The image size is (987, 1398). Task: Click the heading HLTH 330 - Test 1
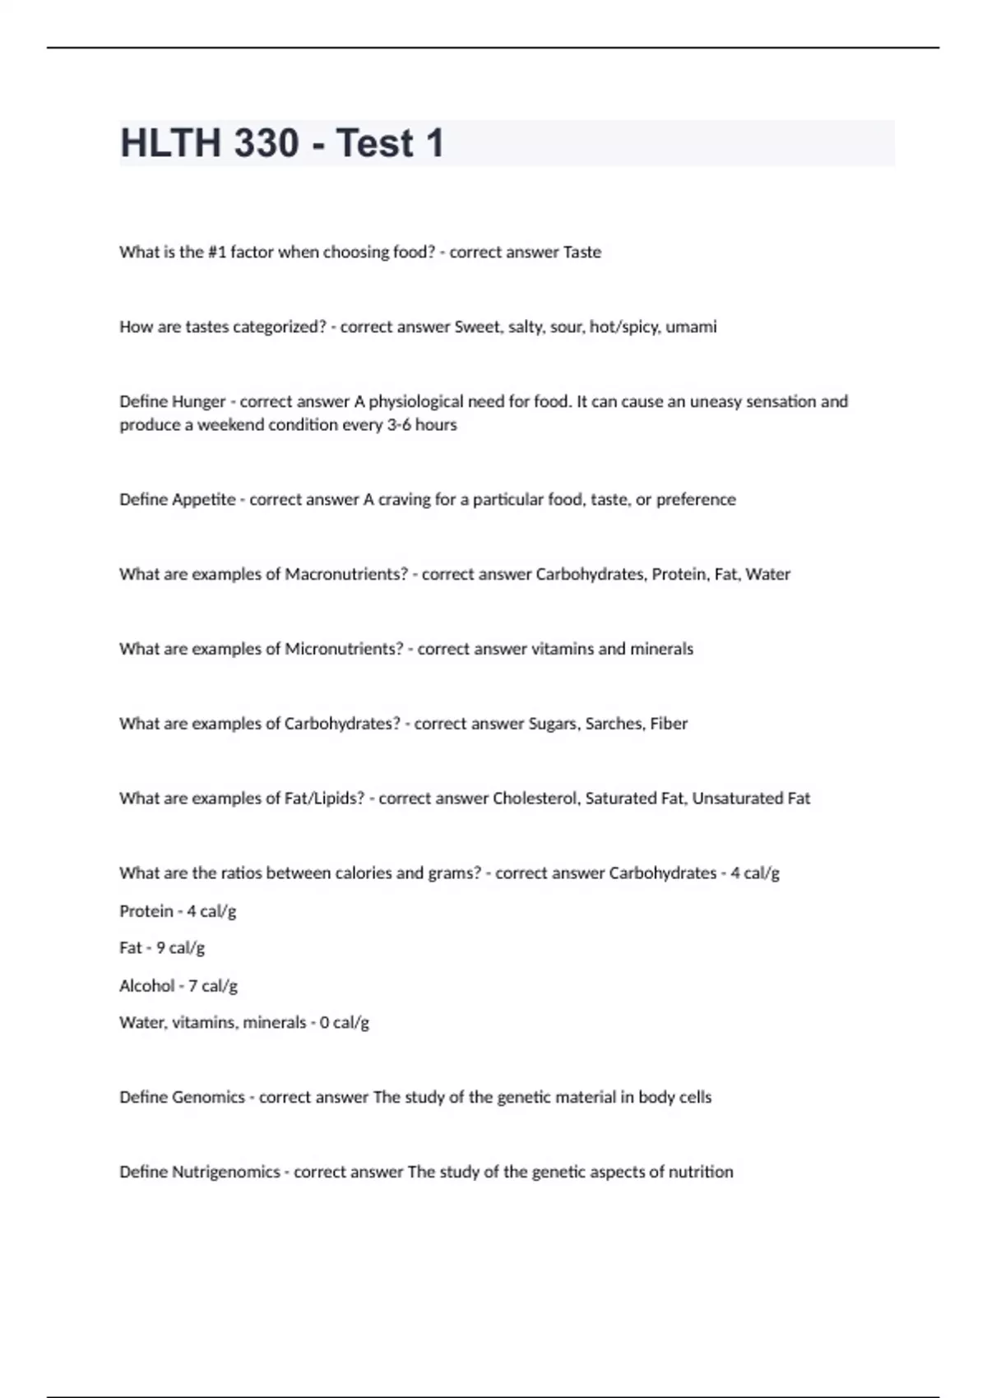point(282,143)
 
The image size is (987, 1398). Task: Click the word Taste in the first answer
point(582,252)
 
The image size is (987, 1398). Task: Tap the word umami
point(691,327)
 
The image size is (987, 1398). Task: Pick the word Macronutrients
point(345,575)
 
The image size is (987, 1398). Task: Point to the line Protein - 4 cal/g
point(178,911)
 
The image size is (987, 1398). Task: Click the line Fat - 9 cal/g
point(162,948)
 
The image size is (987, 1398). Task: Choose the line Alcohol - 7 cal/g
point(178,985)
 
